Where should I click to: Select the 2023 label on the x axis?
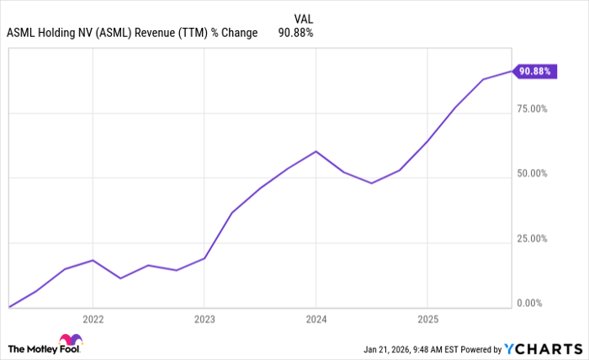pos(204,320)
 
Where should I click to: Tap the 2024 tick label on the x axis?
pos(316,320)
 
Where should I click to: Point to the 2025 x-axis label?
pos(427,320)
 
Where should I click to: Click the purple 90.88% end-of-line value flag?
pos(534,71)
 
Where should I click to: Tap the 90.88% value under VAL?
pos(295,34)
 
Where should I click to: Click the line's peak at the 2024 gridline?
pos(316,151)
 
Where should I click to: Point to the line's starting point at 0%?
pos(9,307)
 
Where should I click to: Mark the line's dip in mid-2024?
pos(371,183)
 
